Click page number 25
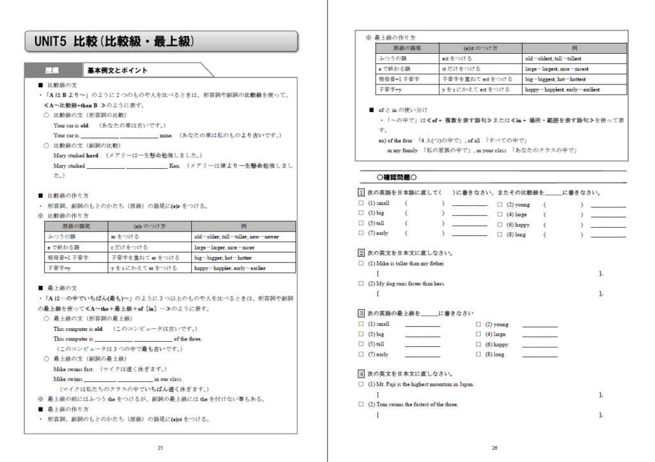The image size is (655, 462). click(160, 447)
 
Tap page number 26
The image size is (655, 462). click(494, 447)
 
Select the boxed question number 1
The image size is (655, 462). click(361, 193)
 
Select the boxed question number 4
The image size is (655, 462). click(361, 374)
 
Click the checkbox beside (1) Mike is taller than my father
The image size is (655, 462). click(361, 264)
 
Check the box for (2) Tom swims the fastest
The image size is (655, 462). click(361, 404)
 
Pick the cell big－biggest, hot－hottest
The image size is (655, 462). click(555, 79)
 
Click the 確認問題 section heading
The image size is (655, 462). click(397, 177)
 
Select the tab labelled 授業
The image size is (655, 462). click(52, 70)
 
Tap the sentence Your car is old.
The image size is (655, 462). click(72, 125)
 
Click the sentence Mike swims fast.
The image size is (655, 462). click(74, 369)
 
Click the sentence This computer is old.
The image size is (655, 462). click(78, 329)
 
